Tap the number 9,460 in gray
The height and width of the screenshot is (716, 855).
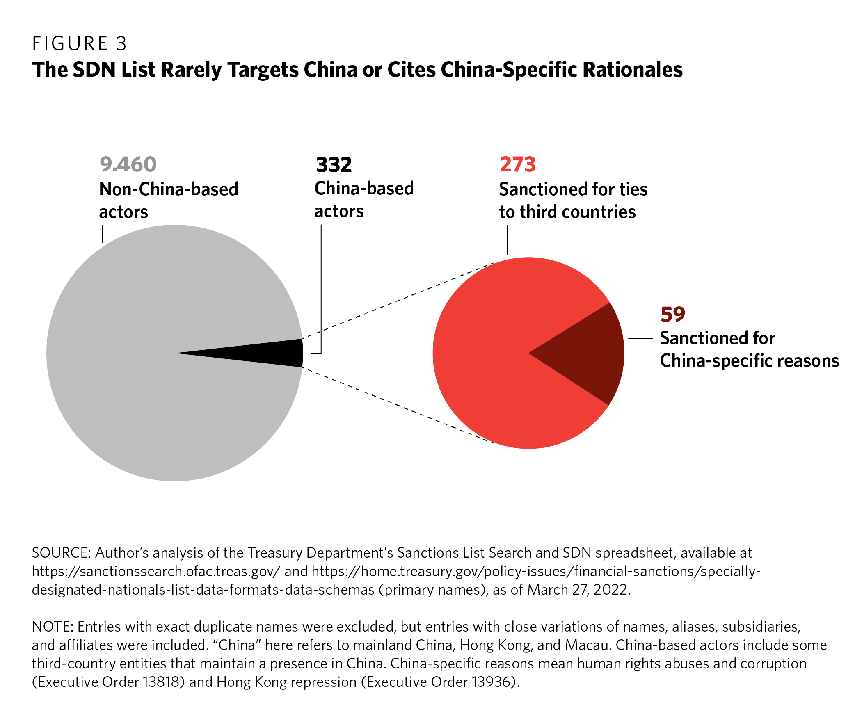128,164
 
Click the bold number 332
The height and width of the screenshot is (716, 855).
334,165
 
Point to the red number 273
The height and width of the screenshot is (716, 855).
518,164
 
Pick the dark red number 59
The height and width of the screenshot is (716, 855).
673,314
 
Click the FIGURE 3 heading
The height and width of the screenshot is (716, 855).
80,44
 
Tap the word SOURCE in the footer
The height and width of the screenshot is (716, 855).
61,553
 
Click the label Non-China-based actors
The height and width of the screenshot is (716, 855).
168,200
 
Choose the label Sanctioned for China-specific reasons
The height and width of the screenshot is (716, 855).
749,349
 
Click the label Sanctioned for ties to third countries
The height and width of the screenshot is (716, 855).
573,201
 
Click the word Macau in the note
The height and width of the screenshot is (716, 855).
588,645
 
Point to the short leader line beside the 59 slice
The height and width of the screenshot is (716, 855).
640,339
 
